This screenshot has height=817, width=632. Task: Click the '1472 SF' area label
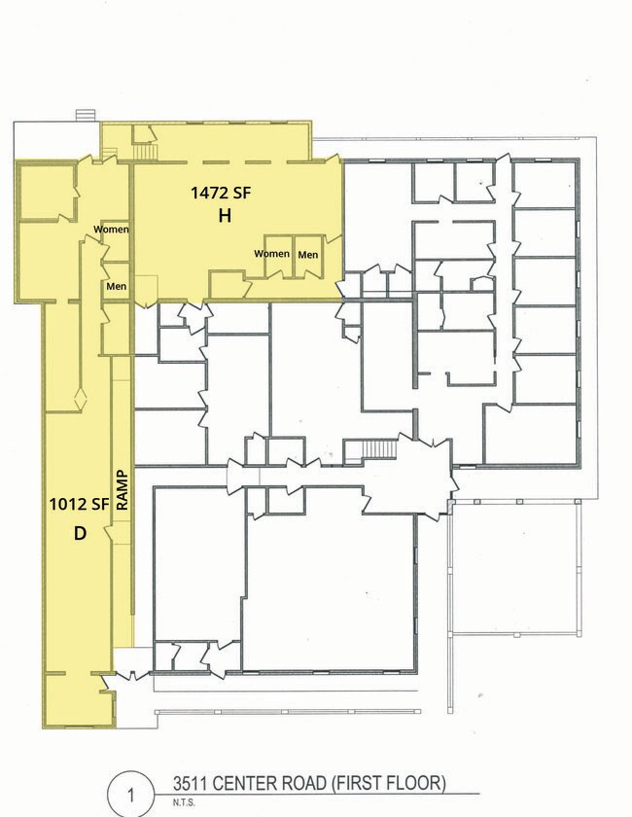coord(221,194)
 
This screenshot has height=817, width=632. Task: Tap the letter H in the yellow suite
coord(225,215)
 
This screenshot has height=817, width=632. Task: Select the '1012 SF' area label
coord(79,504)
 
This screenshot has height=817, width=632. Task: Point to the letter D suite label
coord(80,533)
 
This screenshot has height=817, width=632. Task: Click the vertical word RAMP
coord(122,490)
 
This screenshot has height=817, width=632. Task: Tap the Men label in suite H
coord(308,255)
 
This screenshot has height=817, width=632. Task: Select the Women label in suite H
coord(272,254)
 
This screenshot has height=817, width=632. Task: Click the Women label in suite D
coord(111,229)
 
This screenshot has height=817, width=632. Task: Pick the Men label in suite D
coord(116,286)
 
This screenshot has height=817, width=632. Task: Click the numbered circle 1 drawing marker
coord(131,795)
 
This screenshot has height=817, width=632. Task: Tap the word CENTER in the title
coord(246,783)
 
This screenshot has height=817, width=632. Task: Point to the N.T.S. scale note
coord(184,803)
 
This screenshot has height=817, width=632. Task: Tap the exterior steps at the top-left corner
coord(86,115)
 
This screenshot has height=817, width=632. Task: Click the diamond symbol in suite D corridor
coord(81,399)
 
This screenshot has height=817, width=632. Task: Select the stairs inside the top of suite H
coord(147,152)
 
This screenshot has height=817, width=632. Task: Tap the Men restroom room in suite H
coord(308,257)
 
